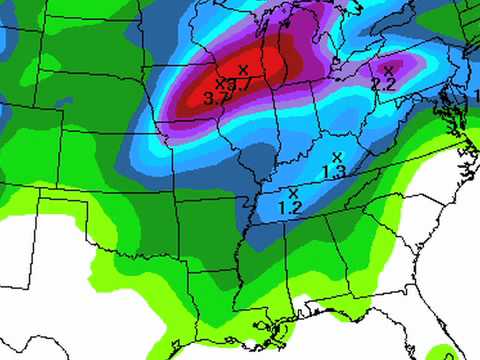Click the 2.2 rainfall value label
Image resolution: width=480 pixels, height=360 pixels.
384,85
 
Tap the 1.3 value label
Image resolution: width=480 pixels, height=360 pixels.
335,172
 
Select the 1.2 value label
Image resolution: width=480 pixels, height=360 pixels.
290,207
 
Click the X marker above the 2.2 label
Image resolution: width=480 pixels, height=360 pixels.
388,70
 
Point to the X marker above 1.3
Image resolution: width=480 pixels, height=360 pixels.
337,156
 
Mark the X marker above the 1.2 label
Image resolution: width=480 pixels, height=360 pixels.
293,192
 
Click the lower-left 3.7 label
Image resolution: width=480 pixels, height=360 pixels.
212,98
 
